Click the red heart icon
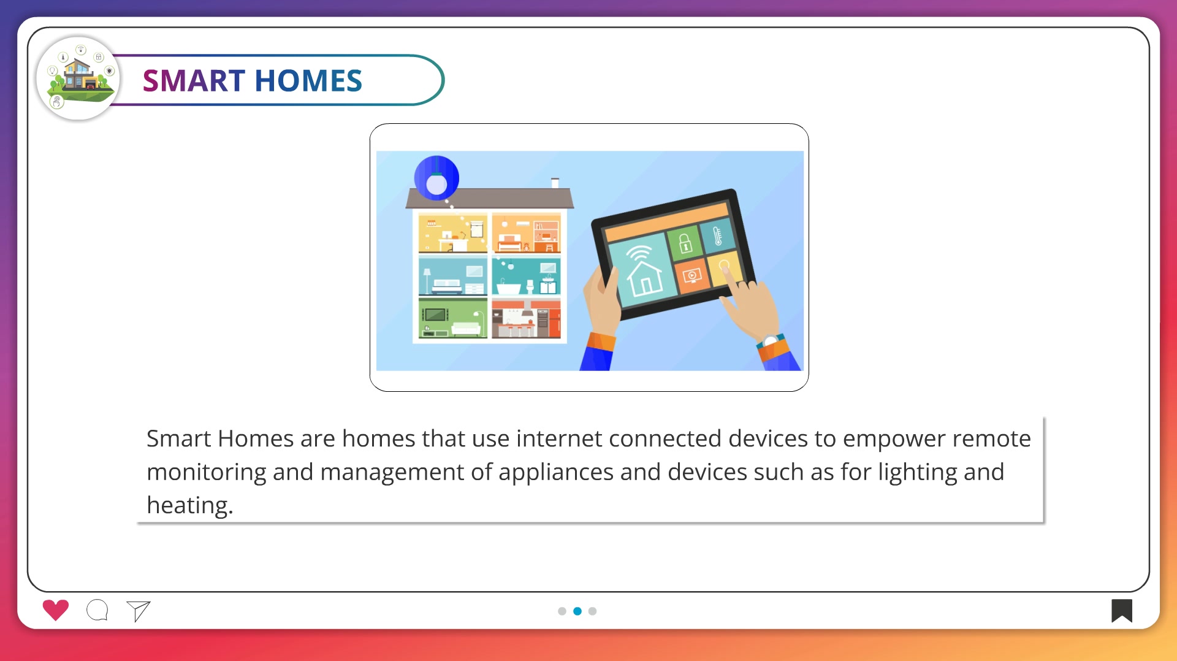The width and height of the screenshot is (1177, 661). tap(56, 609)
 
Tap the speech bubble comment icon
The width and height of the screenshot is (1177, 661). tap(97, 610)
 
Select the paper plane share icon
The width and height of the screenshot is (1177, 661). tap(139, 611)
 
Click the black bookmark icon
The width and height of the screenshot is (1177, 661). tap(1122, 611)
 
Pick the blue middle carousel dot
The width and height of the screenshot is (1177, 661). tap(577, 611)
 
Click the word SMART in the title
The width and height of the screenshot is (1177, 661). tap(194, 81)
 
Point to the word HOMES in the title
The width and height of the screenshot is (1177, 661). tap(308, 81)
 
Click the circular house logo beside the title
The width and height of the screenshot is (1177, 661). tap(78, 78)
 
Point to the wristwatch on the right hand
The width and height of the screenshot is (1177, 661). tap(771, 340)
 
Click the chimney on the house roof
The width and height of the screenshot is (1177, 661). tap(555, 183)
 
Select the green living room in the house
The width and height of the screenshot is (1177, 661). tap(453, 318)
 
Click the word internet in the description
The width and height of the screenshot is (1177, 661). tap(560, 439)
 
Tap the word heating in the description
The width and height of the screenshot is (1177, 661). tap(190, 506)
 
